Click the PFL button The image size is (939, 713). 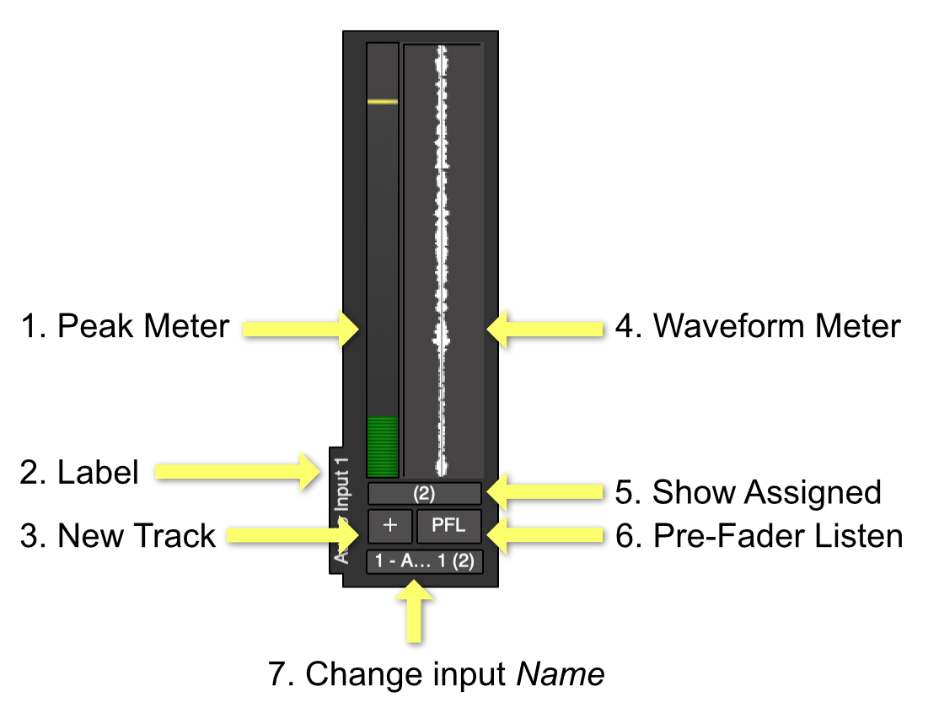[x=448, y=526]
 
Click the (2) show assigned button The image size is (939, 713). [x=425, y=494]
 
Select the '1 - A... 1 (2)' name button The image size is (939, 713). [x=425, y=562]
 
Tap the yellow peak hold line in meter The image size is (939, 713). [x=383, y=101]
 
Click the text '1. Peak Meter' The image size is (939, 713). [x=125, y=326]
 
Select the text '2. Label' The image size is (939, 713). [x=79, y=473]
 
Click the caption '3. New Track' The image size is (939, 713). [x=118, y=536]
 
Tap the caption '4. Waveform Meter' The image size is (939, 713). [x=757, y=326]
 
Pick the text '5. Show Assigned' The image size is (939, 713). [x=748, y=492]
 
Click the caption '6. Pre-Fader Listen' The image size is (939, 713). [x=759, y=536]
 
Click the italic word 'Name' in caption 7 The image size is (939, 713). [x=561, y=674]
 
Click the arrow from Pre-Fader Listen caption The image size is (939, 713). [x=545, y=533]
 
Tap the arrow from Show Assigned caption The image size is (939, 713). [x=545, y=492]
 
